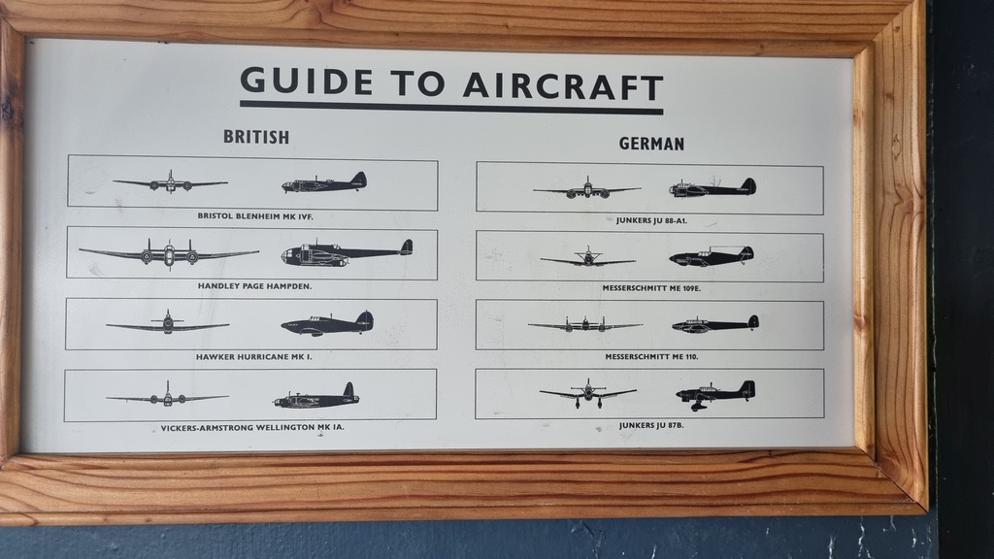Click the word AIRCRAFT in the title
point(563,86)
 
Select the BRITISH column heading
point(256,137)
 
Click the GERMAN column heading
point(651,144)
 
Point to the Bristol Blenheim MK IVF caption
point(255,216)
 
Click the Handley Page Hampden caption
point(255,286)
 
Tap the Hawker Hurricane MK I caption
point(253,357)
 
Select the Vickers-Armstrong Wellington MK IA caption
point(252,427)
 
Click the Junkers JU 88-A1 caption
point(651,220)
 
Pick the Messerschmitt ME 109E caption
point(651,288)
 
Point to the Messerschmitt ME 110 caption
point(651,357)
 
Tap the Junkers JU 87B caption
point(651,425)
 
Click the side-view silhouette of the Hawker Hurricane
point(328,324)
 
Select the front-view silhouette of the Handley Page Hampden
point(169,253)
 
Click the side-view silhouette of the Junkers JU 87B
point(715,395)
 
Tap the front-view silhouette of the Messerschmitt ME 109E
point(588,258)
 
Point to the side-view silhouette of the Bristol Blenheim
point(324,182)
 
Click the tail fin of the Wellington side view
point(348,391)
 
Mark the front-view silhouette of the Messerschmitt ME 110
point(585,325)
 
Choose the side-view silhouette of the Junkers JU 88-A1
point(712,187)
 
